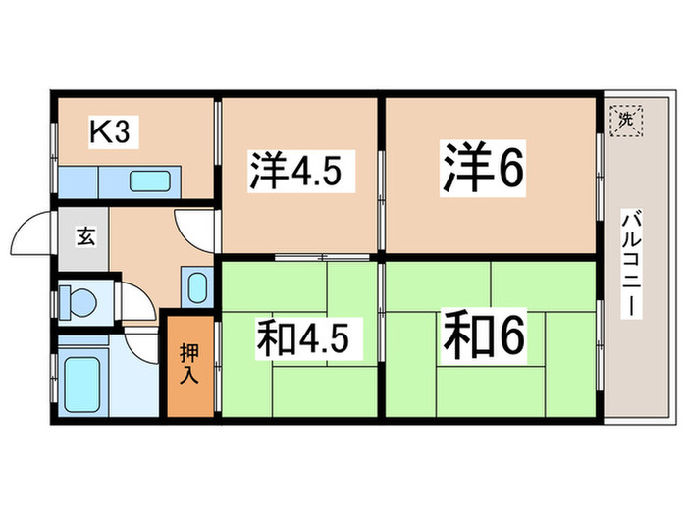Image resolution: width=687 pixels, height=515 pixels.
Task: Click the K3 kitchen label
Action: click(x=110, y=130)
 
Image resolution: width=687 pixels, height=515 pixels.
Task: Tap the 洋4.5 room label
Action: click(x=295, y=170)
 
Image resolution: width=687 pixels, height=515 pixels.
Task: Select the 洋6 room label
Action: click(x=483, y=168)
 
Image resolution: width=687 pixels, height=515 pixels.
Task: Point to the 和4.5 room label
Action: click(x=302, y=337)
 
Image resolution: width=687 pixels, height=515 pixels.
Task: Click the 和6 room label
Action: click(x=483, y=335)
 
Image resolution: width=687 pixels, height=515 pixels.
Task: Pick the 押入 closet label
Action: click(x=189, y=364)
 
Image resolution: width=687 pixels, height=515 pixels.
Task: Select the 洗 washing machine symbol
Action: click(x=626, y=120)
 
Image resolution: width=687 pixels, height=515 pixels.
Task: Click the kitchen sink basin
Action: click(x=150, y=181)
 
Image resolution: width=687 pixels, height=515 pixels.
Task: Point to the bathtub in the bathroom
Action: click(x=82, y=385)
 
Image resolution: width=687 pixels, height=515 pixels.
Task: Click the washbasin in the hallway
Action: click(x=197, y=287)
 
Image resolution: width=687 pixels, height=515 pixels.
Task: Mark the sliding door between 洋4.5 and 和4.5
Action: click(x=323, y=257)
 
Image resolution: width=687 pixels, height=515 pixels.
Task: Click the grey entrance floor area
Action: click(x=83, y=239)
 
